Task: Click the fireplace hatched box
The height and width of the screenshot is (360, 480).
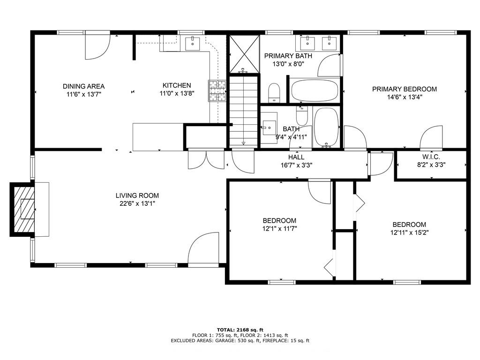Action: click(x=24, y=210)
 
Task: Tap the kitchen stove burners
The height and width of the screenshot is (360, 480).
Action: click(x=217, y=90)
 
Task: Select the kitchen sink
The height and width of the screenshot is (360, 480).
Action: click(x=193, y=43)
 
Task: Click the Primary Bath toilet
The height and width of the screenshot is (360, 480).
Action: click(x=274, y=92)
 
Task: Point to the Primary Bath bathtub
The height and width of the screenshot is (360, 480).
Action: click(x=315, y=90)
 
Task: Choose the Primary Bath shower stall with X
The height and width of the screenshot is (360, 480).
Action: click(x=244, y=54)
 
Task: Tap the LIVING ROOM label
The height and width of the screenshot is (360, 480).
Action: click(x=137, y=195)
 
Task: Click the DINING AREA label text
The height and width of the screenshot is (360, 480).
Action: click(x=83, y=86)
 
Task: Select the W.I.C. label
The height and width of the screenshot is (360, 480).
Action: click(x=431, y=157)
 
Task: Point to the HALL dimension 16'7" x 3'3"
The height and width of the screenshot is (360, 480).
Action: click(x=296, y=165)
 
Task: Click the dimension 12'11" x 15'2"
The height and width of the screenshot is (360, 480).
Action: click(x=409, y=232)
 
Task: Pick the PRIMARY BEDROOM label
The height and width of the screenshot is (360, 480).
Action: click(x=405, y=89)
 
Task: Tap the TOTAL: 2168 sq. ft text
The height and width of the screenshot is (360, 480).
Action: click(x=240, y=330)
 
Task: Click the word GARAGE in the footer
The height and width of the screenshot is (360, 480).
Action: click(x=225, y=340)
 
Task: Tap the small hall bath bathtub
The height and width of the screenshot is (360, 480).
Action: click(x=326, y=127)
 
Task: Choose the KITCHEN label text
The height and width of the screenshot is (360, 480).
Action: click(x=177, y=85)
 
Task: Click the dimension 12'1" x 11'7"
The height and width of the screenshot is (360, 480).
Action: click(x=279, y=228)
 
